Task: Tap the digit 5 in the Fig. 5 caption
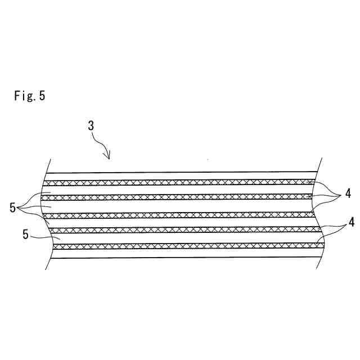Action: (42, 96)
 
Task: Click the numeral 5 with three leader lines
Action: (13, 208)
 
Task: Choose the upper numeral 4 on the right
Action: (348, 194)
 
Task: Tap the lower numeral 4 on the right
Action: (351, 222)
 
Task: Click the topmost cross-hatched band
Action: (180, 182)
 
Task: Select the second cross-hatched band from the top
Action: (180, 196)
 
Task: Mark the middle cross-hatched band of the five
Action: (180, 215)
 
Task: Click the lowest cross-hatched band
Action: (180, 246)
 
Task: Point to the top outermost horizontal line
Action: (180, 172)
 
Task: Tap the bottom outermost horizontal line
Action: (180, 257)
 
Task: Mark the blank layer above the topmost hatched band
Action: (180, 177)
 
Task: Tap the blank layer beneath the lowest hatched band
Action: (180, 253)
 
